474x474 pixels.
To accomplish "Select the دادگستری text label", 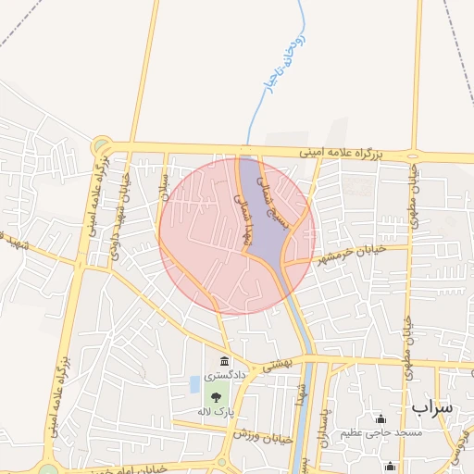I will coord(224,377).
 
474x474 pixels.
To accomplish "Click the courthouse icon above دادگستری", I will coord(224,361).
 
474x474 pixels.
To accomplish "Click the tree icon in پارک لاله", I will coord(215,393).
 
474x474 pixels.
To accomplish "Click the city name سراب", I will coord(431,407).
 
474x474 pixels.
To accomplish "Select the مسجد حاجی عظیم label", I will coord(380,433).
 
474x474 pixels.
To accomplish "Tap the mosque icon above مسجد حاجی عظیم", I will coord(380,418).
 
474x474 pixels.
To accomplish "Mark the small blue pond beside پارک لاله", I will coord(193,383).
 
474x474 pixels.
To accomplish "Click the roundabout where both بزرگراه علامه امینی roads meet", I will coord(101,145).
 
